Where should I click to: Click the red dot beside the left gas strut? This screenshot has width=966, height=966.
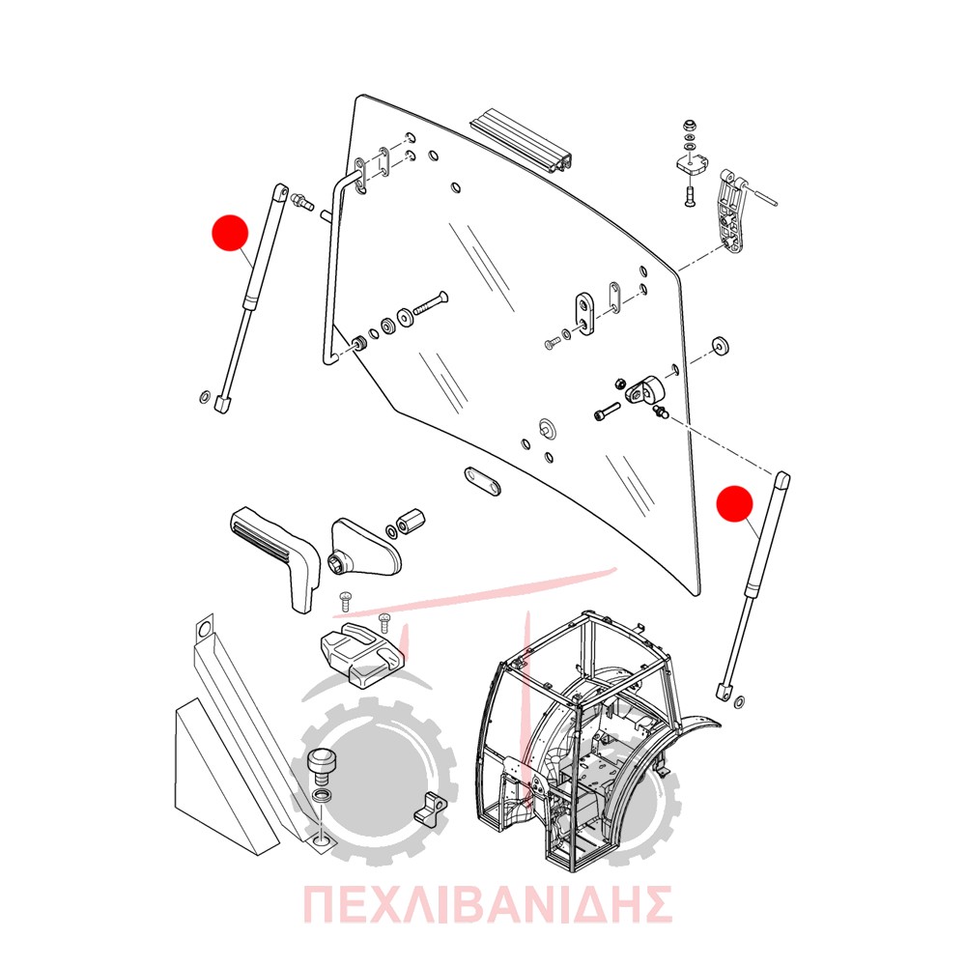pyautogui.click(x=230, y=233)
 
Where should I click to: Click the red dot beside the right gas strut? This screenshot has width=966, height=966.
pyautogui.click(x=735, y=504)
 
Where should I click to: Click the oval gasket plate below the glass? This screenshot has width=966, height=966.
pyautogui.click(x=482, y=480)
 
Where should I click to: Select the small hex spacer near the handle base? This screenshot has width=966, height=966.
pyautogui.click(x=409, y=522)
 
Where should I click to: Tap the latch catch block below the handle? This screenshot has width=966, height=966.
pyautogui.click(x=361, y=654)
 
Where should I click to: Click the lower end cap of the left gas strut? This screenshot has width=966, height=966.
pyautogui.click(x=222, y=405)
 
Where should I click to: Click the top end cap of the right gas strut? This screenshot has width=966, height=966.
pyautogui.click(x=781, y=480)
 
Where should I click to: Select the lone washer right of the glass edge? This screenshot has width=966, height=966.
pyautogui.click(x=719, y=346)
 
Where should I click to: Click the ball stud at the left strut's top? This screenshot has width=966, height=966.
pyautogui.click(x=302, y=201)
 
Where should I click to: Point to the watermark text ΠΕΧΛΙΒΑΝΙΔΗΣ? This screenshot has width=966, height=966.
pyautogui.click(x=487, y=904)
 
